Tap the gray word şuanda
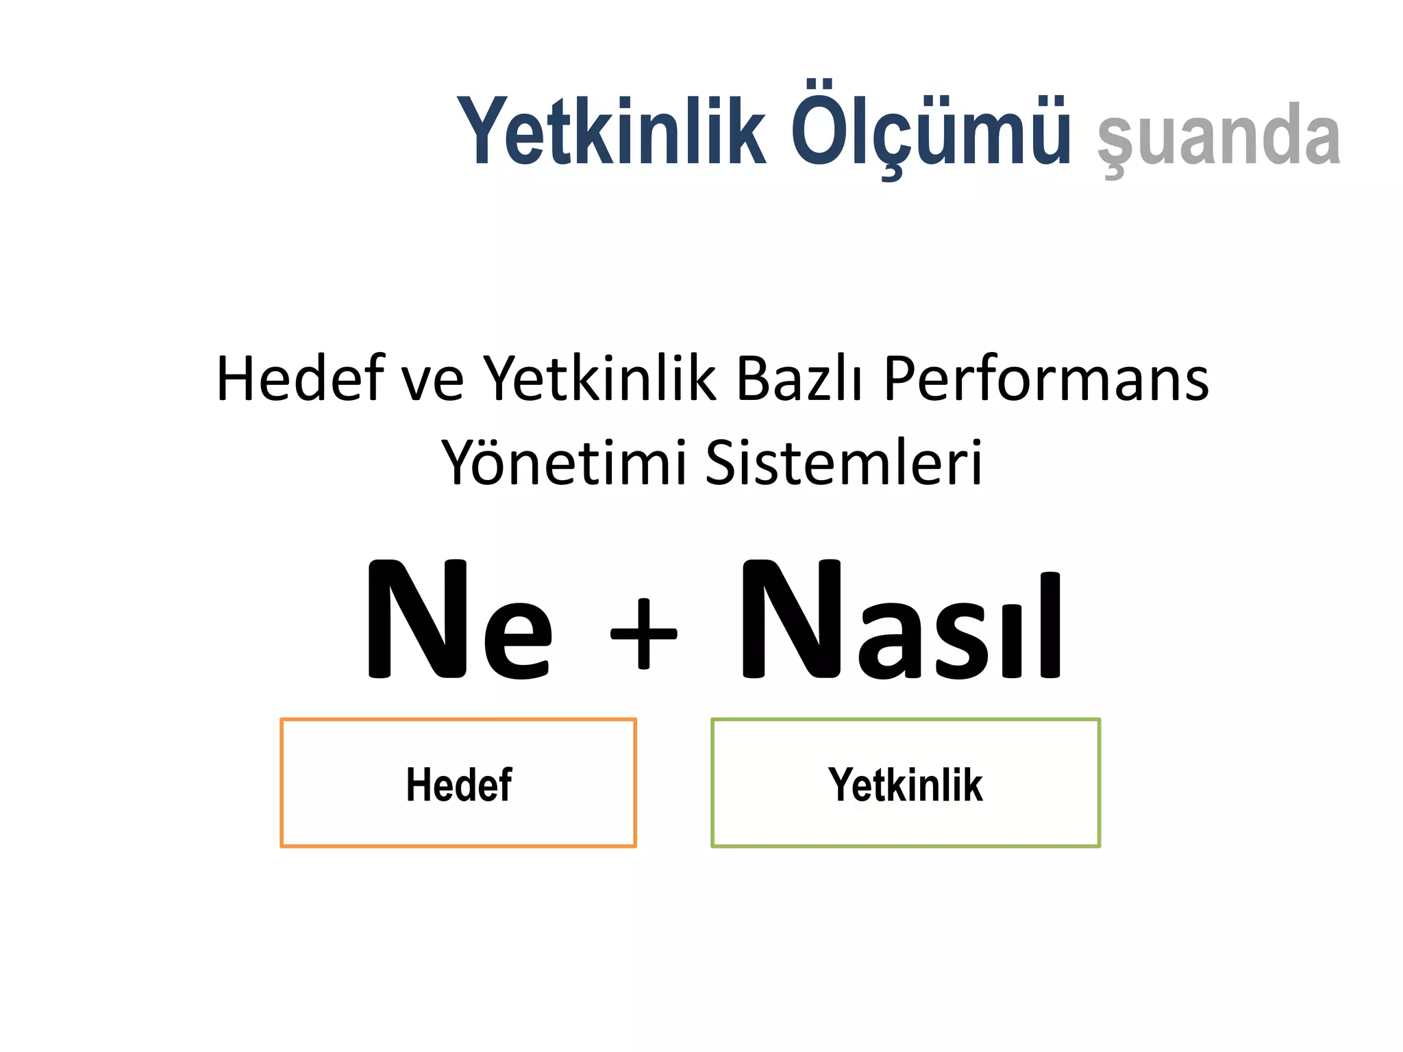(x=1218, y=137)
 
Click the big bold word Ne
(x=458, y=620)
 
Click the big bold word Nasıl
(x=902, y=620)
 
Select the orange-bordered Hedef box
(x=458, y=783)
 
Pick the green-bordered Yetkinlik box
(x=906, y=783)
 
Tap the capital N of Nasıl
(x=792, y=620)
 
